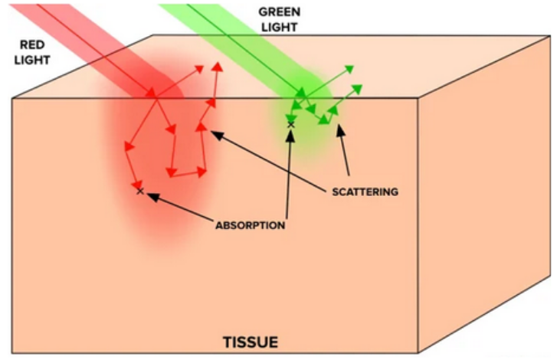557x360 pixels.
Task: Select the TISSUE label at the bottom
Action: (x=250, y=340)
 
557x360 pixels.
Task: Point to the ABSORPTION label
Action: (x=250, y=225)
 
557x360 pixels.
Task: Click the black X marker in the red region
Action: (x=139, y=190)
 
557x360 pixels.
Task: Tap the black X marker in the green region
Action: (x=290, y=124)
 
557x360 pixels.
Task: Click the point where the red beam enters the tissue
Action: (x=156, y=99)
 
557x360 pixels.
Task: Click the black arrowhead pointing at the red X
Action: (x=149, y=195)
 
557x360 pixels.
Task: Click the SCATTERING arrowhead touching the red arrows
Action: (x=215, y=134)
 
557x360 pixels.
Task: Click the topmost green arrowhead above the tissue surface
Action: (x=351, y=68)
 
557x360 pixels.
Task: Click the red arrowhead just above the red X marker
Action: (x=136, y=183)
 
